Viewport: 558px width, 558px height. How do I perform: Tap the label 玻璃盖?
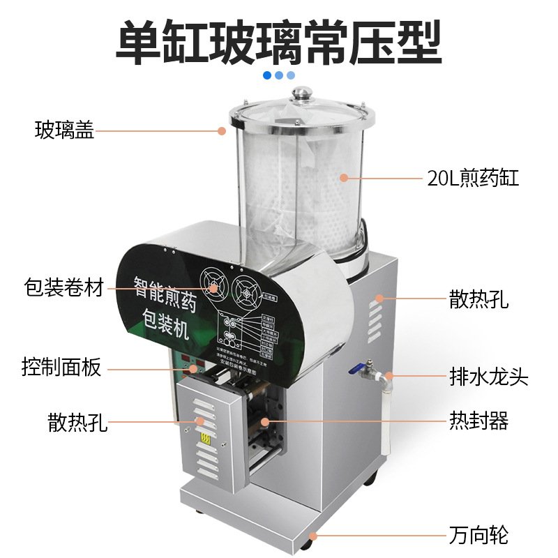(65, 130)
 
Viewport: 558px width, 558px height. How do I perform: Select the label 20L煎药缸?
(474, 178)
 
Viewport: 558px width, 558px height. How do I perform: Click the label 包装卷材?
(63, 287)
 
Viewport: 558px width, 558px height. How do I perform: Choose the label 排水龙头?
(488, 377)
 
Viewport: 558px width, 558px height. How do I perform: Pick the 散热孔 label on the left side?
(78, 421)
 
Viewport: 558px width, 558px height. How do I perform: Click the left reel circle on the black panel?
(212, 285)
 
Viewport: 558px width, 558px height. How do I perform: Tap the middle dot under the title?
(279, 75)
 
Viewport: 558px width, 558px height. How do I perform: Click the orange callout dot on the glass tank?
(344, 177)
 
